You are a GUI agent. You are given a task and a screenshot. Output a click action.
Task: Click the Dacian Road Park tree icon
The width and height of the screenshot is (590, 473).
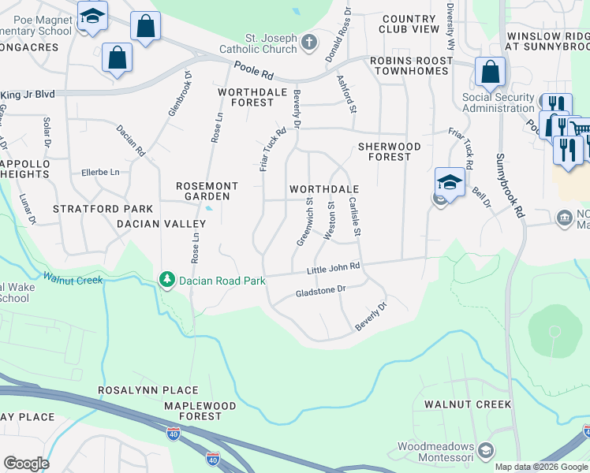tap(166, 279)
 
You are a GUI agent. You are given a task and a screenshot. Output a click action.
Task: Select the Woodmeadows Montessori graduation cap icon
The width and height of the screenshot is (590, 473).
tap(486, 451)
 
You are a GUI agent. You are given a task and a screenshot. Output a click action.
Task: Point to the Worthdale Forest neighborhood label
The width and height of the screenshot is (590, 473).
tap(246, 97)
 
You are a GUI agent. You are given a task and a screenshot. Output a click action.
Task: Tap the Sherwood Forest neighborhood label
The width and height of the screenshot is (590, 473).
tap(395, 151)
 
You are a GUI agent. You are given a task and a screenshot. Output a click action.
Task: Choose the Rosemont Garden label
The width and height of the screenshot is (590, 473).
tap(203, 190)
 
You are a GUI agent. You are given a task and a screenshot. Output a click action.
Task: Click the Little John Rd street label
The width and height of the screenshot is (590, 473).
tap(333, 269)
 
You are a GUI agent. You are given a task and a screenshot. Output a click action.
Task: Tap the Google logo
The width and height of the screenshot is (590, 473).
tap(26, 464)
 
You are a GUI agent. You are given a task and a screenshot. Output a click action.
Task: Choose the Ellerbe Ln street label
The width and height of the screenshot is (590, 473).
tap(100, 172)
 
